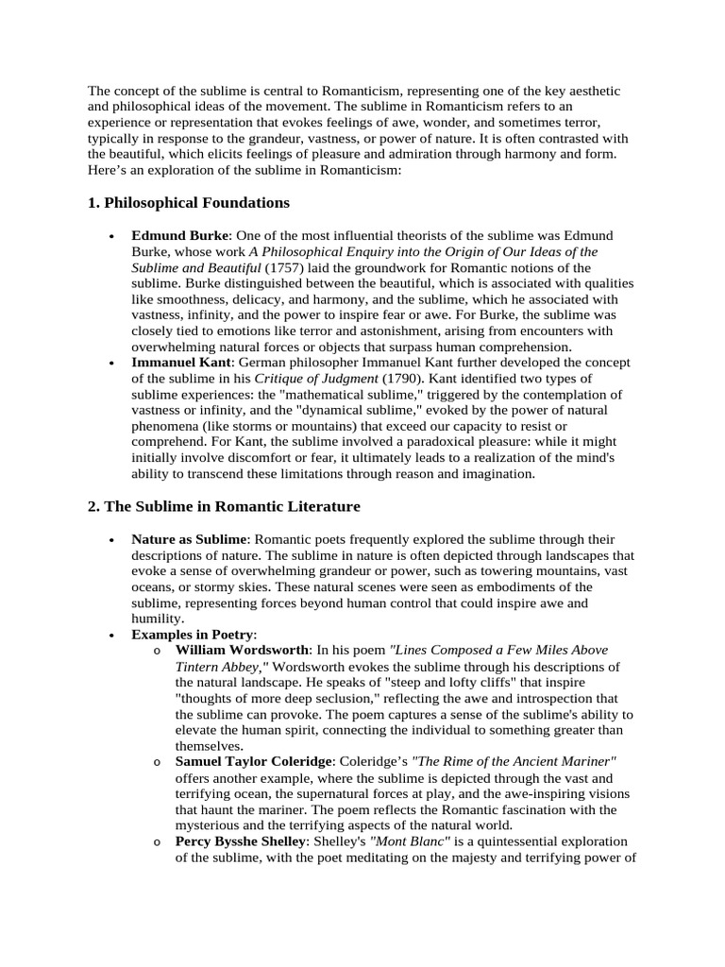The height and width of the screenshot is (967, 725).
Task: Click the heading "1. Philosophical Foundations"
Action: tap(189, 203)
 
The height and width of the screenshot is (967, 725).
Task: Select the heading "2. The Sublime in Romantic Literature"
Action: tap(224, 507)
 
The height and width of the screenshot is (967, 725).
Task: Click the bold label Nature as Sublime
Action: tap(189, 539)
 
